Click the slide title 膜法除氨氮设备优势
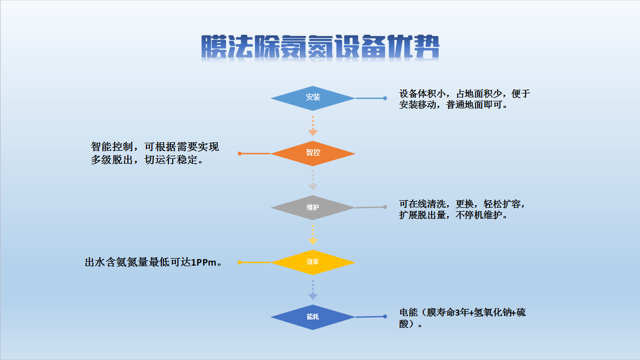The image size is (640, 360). point(320,47)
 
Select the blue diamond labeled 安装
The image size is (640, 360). point(313,98)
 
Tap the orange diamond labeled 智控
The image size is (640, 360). point(313,154)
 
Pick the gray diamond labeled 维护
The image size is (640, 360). point(313,208)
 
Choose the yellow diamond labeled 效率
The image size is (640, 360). point(313,262)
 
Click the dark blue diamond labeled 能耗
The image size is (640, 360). point(313,317)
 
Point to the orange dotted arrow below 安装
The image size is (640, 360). point(313,126)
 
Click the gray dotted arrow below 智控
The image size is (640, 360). point(313,180)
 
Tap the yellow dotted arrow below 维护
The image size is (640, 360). point(313,235)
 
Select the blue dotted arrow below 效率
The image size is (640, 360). point(313,290)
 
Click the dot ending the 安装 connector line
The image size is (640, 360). point(385,98)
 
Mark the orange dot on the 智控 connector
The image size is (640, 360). point(240,154)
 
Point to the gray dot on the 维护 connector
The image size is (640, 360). point(385,207)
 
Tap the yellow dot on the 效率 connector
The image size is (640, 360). point(240,262)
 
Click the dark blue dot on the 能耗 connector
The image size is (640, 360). point(385,317)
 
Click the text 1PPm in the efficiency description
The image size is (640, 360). point(203,262)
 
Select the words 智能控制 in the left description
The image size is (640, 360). point(112,147)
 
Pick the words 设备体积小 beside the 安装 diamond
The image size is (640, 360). point(422,94)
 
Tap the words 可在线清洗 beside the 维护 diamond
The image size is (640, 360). point(422,204)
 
